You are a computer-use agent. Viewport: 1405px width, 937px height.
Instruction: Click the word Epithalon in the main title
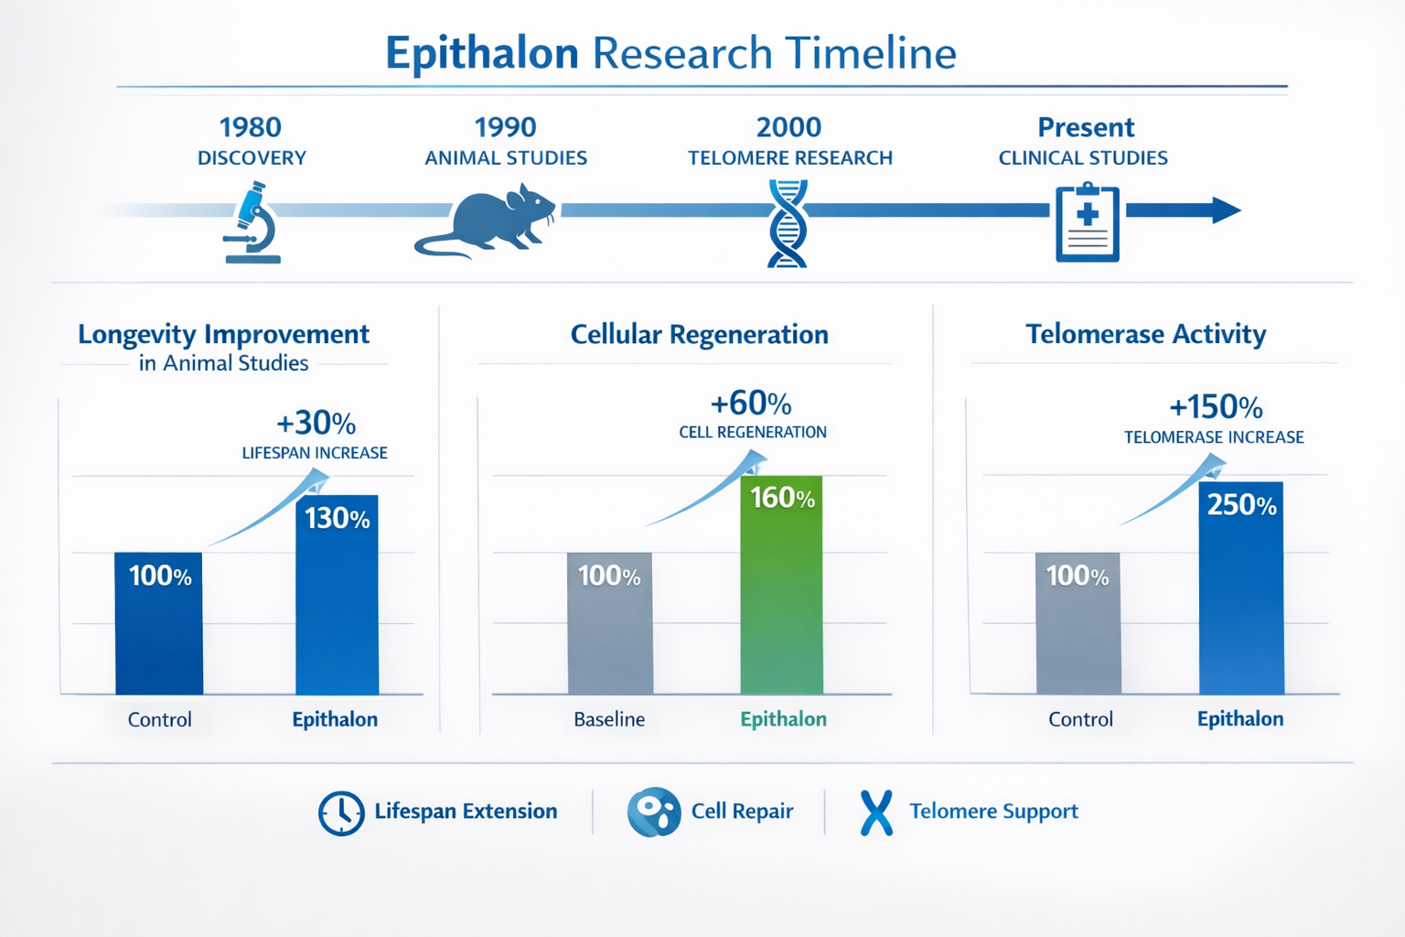point(482,53)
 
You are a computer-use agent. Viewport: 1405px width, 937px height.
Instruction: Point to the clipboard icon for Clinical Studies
point(1087,223)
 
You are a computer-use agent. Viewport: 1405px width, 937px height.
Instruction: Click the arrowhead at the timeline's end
point(1226,210)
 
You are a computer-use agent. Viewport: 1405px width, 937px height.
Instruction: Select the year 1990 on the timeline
point(505,127)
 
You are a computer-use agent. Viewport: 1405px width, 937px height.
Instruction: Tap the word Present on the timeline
point(1086,127)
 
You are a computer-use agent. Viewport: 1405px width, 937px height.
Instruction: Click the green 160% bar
point(781,595)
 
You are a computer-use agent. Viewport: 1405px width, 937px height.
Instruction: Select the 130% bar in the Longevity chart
point(337,604)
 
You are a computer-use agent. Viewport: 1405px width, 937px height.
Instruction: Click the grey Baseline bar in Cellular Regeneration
point(610,631)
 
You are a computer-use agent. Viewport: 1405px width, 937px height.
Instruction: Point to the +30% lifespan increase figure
point(316,423)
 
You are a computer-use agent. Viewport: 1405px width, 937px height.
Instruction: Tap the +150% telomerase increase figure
point(1216,406)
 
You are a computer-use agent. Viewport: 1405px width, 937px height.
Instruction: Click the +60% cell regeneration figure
point(751,404)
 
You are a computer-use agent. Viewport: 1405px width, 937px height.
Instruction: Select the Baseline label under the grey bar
point(609,719)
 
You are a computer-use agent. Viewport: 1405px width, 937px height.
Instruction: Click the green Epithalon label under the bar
point(783,719)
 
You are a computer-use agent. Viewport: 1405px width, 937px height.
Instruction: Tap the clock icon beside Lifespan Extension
point(341,813)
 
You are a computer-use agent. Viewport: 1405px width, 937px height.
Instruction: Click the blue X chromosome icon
point(876,813)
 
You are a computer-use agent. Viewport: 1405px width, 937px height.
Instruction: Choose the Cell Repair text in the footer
point(742,812)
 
